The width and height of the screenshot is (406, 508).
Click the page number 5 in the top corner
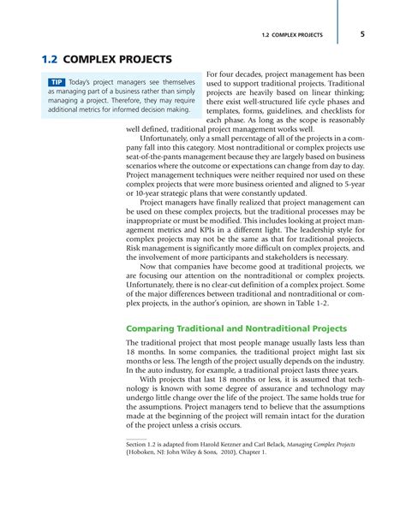(x=362, y=35)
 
